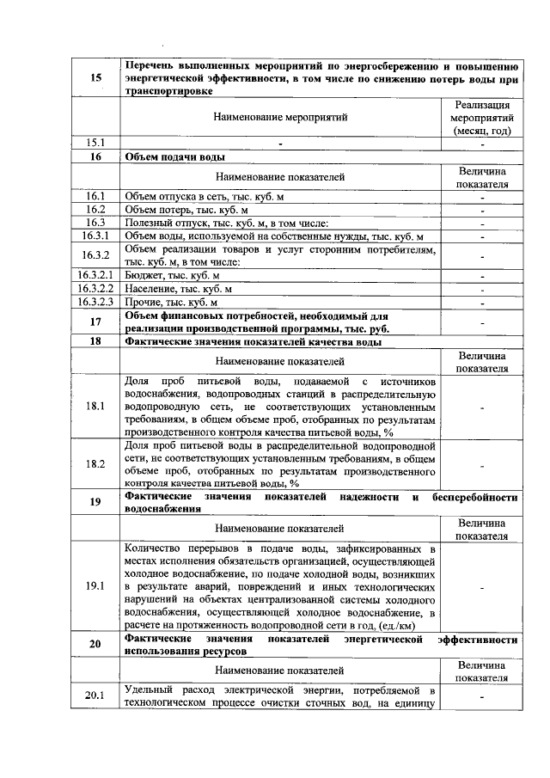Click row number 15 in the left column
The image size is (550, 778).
pyautogui.click(x=95, y=78)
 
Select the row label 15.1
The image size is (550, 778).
pyautogui.click(x=95, y=142)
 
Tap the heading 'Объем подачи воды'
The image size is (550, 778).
pyautogui.click(x=175, y=156)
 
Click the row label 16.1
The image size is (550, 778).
pyautogui.click(x=95, y=196)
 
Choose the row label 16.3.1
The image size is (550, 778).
pyautogui.click(x=95, y=236)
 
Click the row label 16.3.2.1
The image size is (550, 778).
pyautogui.click(x=95, y=275)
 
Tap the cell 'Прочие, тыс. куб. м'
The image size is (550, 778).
pyautogui.click(x=171, y=303)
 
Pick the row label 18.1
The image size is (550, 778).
pyautogui.click(x=95, y=406)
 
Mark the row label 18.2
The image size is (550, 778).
pyautogui.click(x=95, y=464)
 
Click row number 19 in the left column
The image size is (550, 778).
pyautogui.click(x=95, y=502)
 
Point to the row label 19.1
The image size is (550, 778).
pyautogui.click(x=95, y=587)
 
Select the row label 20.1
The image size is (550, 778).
pyautogui.click(x=95, y=696)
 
